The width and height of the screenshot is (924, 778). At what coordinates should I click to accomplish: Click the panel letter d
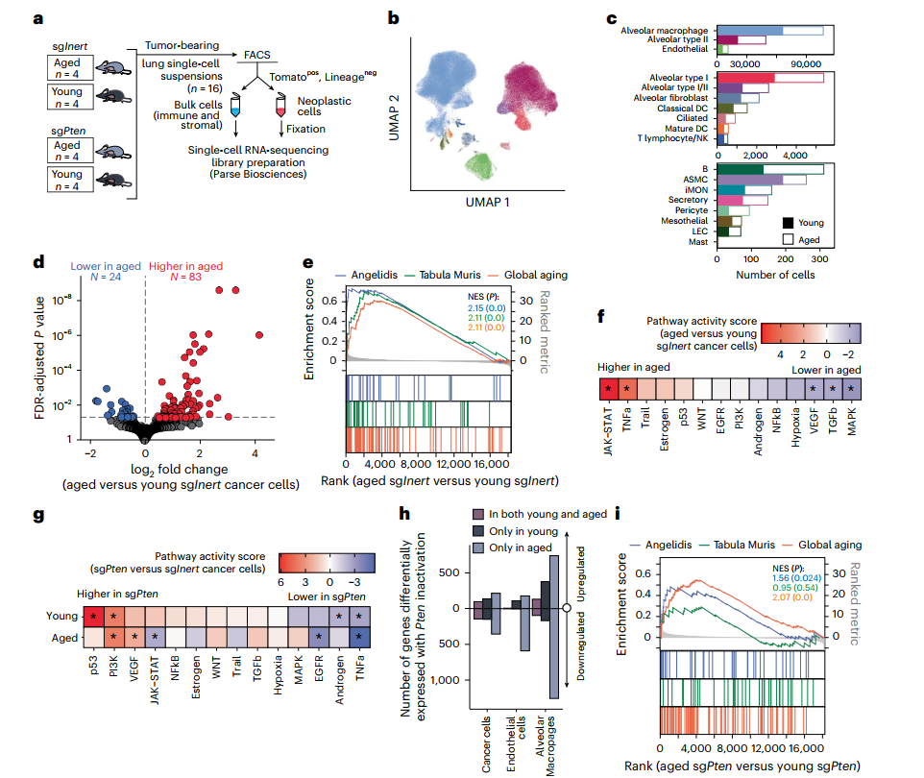click(38, 262)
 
